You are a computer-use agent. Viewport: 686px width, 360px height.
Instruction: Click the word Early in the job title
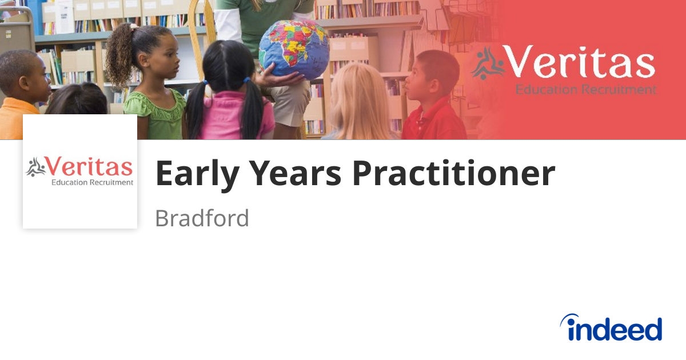(194, 174)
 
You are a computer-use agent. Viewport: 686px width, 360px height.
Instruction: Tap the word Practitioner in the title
(453, 174)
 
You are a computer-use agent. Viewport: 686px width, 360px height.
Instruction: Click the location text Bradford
(202, 218)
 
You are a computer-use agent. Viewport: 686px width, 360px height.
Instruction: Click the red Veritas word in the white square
(89, 167)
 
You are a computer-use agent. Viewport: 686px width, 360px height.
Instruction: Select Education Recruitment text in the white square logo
(92, 183)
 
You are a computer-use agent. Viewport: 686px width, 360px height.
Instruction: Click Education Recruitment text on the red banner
(586, 89)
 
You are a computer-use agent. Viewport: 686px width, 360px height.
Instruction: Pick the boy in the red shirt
(434, 97)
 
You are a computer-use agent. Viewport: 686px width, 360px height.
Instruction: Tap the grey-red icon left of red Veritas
(35, 167)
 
